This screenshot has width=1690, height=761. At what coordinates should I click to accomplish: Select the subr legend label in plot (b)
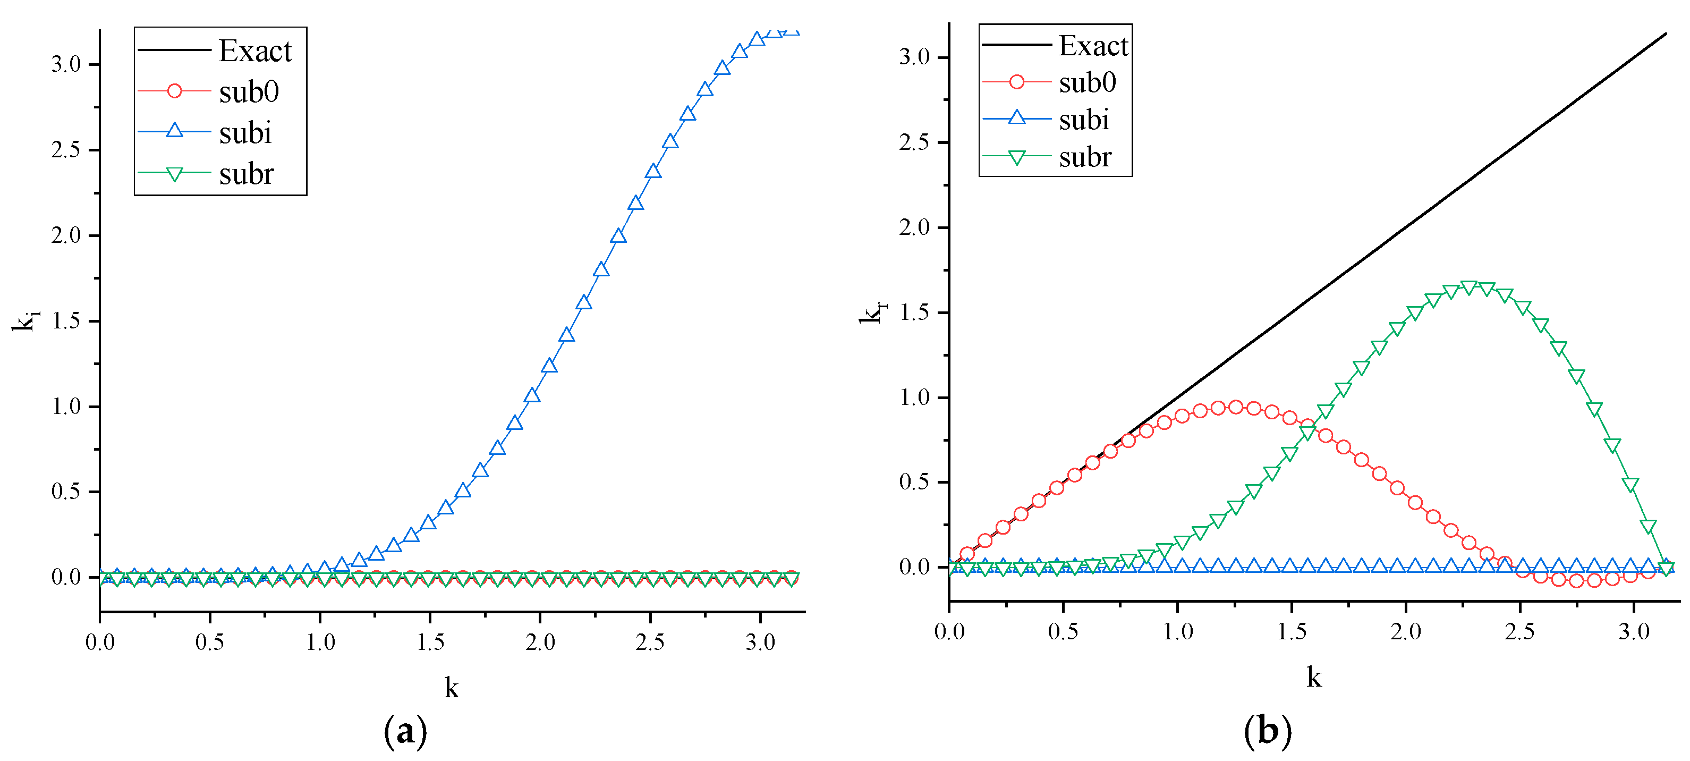tap(1085, 157)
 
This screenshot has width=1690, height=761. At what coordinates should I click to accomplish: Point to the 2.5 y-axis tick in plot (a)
tap(65, 150)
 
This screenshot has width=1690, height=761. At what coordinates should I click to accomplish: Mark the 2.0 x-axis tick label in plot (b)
tap(1406, 632)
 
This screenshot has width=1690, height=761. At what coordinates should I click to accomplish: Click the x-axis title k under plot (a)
tap(452, 688)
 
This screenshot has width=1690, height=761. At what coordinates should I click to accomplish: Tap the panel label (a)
tap(405, 730)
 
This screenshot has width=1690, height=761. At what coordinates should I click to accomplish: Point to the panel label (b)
tap(1268, 730)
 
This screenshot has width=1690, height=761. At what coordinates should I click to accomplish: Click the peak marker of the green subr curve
tap(1470, 288)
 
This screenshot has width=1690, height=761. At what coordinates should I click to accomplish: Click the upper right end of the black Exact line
tap(1665, 33)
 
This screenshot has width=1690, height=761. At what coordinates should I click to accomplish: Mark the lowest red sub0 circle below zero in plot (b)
tap(1576, 581)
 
